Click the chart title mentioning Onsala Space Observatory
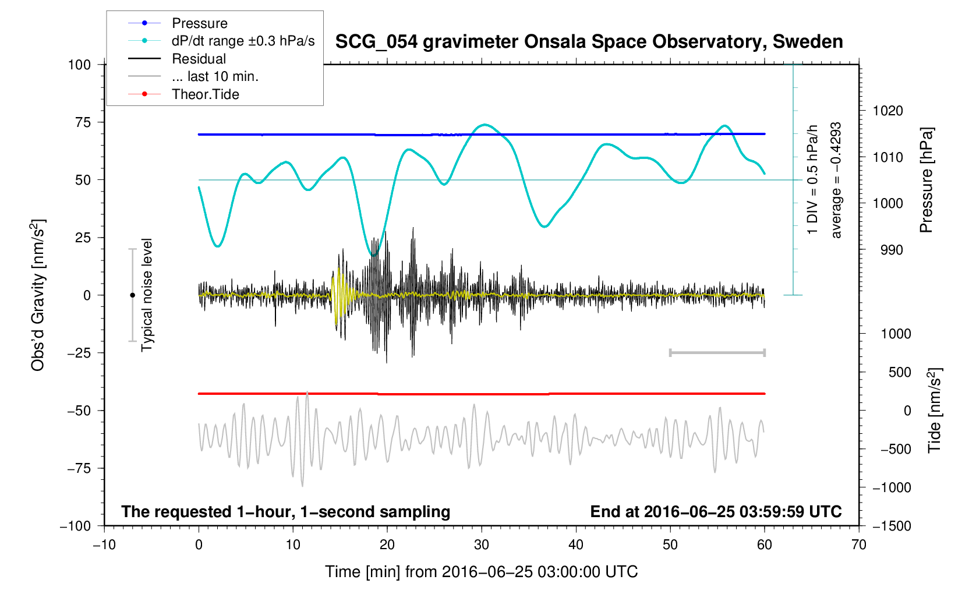coord(589,42)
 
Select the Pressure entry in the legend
coord(199,23)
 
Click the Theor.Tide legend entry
coord(205,94)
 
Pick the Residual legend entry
coord(199,59)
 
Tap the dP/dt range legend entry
coord(243,41)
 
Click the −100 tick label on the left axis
coord(76,526)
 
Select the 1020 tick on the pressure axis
coord(887,111)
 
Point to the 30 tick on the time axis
coord(482,545)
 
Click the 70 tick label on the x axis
coord(858,545)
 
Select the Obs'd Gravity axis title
coord(38,295)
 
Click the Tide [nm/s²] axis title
coord(935,411)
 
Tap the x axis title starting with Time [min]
coord(481,572)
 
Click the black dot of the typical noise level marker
coord(132,295)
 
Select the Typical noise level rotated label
coord(147,295)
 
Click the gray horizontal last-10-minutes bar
coord(717,352)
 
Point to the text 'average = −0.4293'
coord(836,180)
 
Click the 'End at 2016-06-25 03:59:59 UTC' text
coord(716,512)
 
